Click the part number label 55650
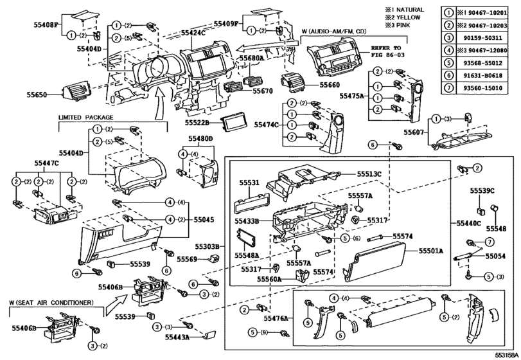coord(37,94)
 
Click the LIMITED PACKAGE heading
coord(85,118)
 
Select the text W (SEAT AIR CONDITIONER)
coord(51,302)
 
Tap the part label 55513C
coord(369,174)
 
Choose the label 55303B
coord(208,246)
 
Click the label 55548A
coord(247,255)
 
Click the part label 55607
coord(416,132)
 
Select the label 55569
coord(190,259)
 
